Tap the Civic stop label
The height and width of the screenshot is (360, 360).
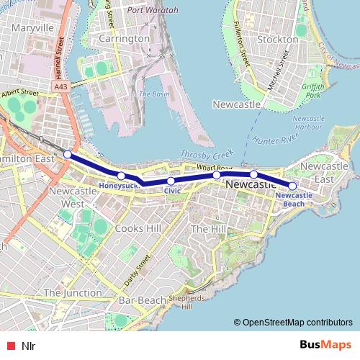[x=172, y=191]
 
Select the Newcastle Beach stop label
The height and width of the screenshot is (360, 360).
[x=294, y=199]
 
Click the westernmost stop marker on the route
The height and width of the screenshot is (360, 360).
[x=67, y=154]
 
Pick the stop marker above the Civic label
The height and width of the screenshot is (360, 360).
[x=171, y=181]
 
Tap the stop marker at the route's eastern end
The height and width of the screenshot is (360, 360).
[x=292, y=186]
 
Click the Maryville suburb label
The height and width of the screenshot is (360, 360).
[x=29, y=28]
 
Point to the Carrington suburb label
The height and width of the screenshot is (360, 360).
[x=124, y=38]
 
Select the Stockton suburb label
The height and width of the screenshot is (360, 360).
[x=276, y=39]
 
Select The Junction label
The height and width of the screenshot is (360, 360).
[x=72, y=293]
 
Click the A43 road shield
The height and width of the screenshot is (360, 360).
[x=61, y=86]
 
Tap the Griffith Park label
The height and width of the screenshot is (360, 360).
[x=313, y=91]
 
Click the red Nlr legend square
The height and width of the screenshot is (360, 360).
[x=9, y=346]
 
